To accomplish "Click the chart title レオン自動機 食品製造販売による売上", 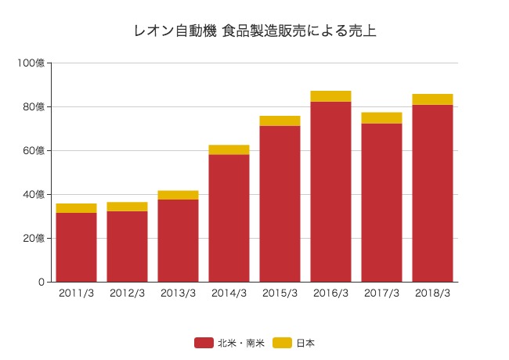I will click(x=254, y=32).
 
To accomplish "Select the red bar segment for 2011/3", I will click(x=76, y=247).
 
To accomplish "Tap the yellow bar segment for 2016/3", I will click(x=330, y=96).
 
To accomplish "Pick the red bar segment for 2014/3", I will click(x=229, y=218).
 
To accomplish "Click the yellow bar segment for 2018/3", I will click(x=432, y=99).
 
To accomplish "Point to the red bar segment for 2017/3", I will click(x=381, y=203).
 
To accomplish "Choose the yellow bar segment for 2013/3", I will click(x=178, y=195).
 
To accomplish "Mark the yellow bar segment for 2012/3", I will click(x=127, y=207).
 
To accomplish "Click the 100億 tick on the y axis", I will click(x=32, y=63).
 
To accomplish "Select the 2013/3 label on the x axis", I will click(x=178, y=293).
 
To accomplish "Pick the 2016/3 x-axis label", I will click(x=330, y=293).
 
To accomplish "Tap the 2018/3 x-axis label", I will click(x=432, y=293).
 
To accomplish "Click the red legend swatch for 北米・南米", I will click(x=204, y=343).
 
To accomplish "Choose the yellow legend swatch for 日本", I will click(x=282, y=343).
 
